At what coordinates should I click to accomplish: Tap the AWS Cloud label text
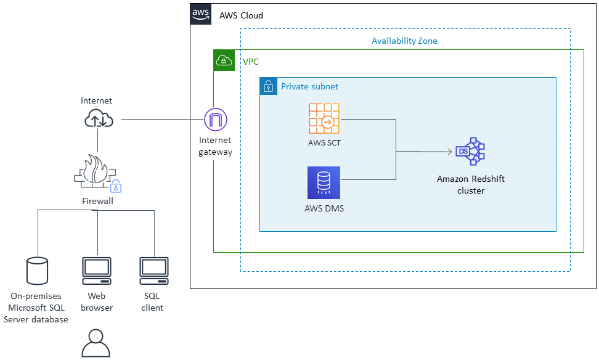(241, 15)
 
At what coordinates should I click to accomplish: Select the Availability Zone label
(404, 41)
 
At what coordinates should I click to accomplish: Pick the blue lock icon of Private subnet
(268, 86)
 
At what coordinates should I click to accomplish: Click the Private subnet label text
(309, 87)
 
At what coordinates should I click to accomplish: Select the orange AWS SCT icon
(325, 119)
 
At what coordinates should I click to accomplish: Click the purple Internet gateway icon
(215, 119)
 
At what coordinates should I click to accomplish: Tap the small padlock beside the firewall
(115, 187)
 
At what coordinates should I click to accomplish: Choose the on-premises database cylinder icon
(37, 272)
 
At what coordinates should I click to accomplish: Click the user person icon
(96, 343)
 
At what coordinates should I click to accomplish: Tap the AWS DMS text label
(324, 208)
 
